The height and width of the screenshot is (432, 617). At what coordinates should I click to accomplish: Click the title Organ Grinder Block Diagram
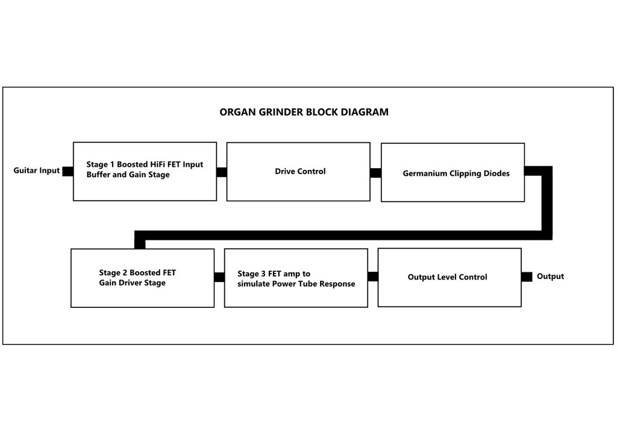(304, 112)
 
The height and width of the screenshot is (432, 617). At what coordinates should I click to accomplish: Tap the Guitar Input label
(37, 171)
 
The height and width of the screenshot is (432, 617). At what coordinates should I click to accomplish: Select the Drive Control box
(298, 172)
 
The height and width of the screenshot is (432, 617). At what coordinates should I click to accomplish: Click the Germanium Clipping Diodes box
(453, 172)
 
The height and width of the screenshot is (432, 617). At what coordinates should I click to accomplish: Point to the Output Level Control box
(449, 277)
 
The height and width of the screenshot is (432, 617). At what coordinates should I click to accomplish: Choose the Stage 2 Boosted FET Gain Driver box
(142, 278)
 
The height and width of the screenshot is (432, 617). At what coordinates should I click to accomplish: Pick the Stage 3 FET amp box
(296, 278)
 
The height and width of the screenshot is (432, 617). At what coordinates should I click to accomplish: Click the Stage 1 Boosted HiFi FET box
(145, 172)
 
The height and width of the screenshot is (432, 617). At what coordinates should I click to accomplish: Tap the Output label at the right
(550, 276)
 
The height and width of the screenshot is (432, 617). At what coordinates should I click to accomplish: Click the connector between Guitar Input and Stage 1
(67, 172)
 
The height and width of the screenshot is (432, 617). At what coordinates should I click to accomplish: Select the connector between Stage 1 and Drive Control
(222, 172)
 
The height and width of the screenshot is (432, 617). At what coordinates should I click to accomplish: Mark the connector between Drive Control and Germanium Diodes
(375, 173)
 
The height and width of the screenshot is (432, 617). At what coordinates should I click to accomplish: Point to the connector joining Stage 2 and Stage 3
(219, 277)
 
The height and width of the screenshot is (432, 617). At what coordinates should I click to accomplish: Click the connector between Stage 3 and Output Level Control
(372, 277)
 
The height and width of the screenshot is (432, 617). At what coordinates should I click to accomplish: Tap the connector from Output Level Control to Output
(527, 277)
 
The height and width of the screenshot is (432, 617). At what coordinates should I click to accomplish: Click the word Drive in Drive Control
(285, 171)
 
